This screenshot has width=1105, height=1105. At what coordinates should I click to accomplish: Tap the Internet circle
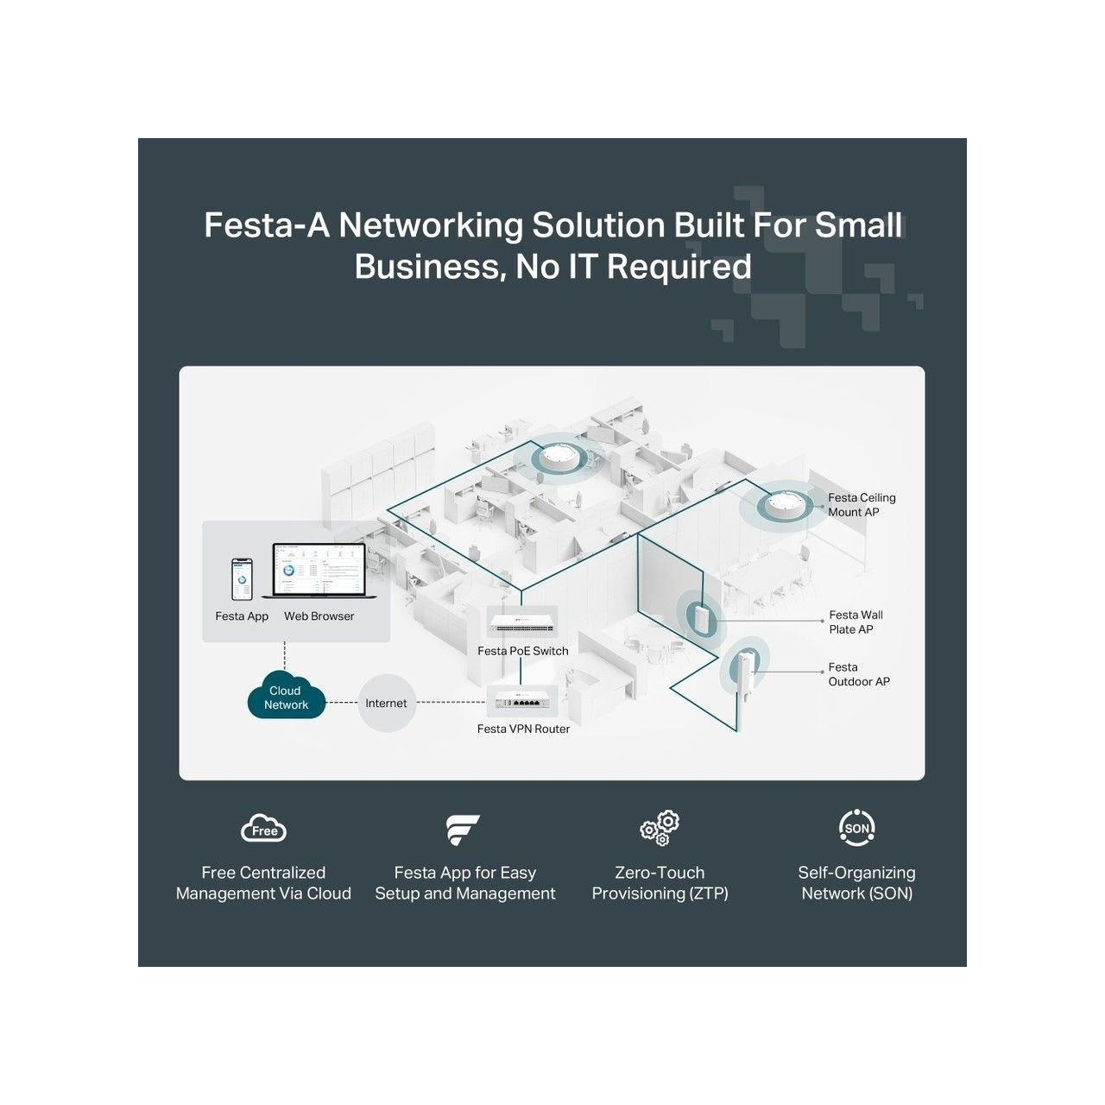386,703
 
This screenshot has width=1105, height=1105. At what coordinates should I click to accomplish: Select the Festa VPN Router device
521,700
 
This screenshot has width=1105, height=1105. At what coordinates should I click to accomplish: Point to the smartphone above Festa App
242,580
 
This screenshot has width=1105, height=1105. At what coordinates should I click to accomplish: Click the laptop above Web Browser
319,571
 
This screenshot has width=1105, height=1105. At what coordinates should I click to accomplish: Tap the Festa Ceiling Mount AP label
862,505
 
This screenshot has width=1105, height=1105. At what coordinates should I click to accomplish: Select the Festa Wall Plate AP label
856,622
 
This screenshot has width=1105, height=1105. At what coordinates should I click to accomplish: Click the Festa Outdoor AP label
858,673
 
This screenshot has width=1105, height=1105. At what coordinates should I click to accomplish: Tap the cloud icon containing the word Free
263,828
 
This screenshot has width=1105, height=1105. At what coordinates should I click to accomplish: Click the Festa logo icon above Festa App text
462,830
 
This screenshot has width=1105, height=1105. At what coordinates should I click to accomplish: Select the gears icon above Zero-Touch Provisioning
660,828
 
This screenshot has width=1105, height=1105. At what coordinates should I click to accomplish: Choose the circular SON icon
856,828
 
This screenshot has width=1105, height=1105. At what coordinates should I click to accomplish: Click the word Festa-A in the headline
267,224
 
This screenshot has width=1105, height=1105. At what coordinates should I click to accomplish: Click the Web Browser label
319,616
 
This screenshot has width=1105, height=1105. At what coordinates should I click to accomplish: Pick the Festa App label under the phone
242,616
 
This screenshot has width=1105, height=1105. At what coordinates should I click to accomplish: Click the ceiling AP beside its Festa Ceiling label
785,505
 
